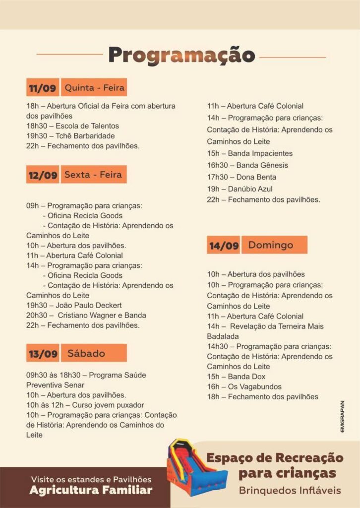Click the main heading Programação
point(181,55)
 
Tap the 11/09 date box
point(43,88)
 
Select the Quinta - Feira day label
point(94,88)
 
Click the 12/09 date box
point(43,175)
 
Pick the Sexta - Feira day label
point(93,175)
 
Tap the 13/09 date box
point(43,354)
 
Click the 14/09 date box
point(224,246)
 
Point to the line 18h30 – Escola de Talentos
point(72,126)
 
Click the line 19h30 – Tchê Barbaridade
point(70,136)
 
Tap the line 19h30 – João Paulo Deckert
point(74,305)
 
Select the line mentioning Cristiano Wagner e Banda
point(86,315)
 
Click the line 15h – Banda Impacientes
point(249,153)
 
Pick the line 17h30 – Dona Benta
point(241,177)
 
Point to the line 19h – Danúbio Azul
point(240,189)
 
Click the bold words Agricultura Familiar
point(91,490)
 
